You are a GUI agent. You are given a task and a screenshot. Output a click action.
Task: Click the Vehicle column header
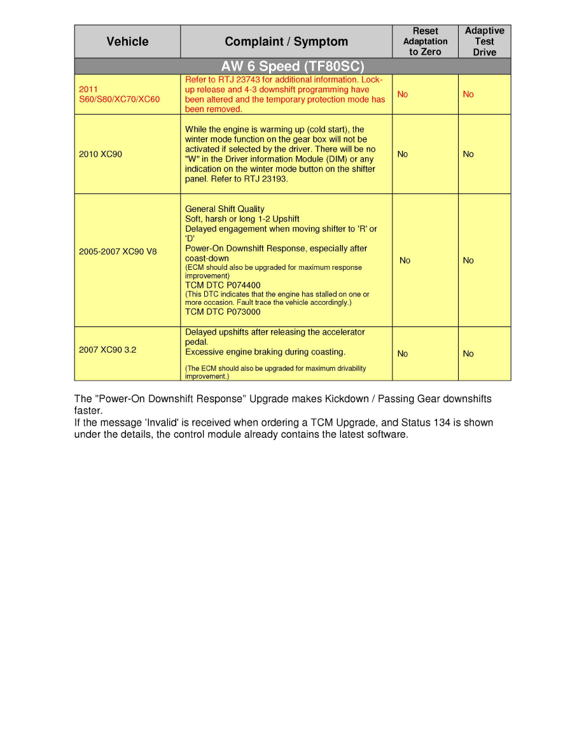tap(127, 42)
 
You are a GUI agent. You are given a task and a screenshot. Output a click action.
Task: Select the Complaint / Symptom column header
tap(286, 42)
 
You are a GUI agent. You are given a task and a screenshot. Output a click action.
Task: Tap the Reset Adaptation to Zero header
tap(425, 41)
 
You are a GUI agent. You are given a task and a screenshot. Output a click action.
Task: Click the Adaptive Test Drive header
tap(484, 41)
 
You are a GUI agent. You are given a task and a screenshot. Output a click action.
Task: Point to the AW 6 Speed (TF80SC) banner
tap(292, 67)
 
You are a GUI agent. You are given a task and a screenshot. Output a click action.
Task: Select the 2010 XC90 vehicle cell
tap(101, 154)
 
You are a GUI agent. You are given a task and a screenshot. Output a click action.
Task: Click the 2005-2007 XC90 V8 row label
tap(118, 251)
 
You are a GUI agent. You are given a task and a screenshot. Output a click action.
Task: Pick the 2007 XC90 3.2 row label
tap(108, 349)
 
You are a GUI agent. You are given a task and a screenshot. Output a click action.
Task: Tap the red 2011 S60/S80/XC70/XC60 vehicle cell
tap(119, 94)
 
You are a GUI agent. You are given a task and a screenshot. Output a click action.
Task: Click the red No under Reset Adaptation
tap(403, 94)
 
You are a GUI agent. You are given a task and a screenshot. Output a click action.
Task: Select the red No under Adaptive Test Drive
tap(468, 94)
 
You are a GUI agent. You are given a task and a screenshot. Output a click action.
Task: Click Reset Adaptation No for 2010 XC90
tap(403, 154)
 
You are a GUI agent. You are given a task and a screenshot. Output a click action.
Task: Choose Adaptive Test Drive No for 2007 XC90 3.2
tap(468, 354)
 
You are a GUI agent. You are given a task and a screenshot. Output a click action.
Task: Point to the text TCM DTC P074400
tap(223, 286)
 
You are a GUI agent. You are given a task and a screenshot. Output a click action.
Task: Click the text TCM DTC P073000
tap(223, 312)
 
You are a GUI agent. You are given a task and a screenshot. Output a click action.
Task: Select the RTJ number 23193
tap(275, 179)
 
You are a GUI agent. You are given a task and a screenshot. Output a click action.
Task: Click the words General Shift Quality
tap(225, 209)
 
